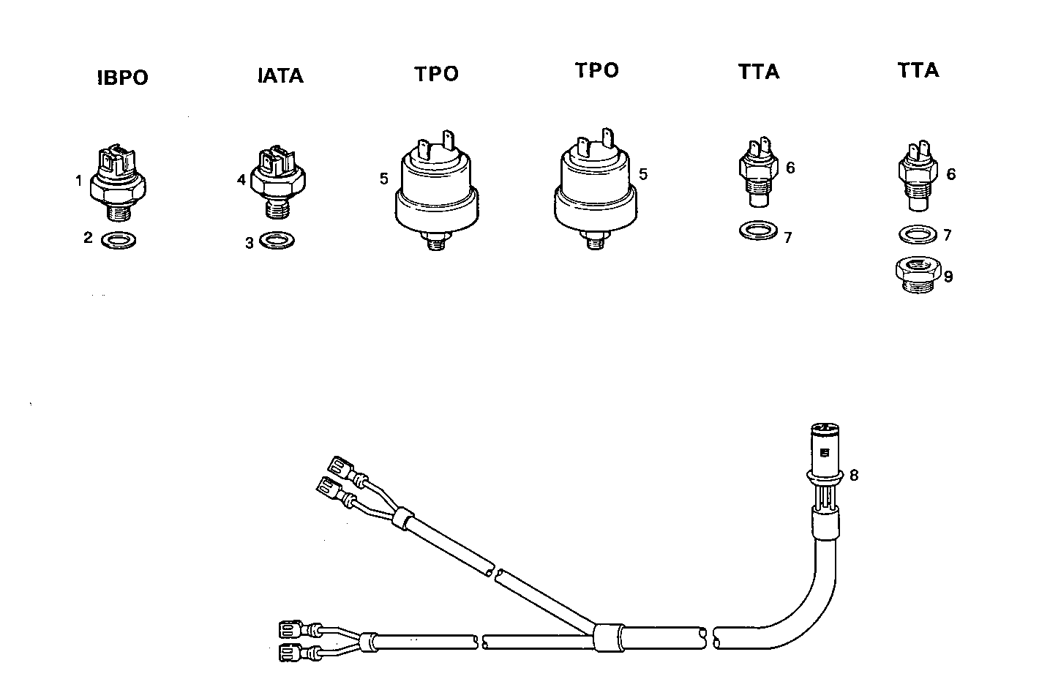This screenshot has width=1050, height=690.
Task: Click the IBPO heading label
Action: (x=122, y=78)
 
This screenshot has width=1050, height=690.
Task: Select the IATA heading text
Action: (x=281, y=75)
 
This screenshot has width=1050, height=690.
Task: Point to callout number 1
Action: (x=79, y=180)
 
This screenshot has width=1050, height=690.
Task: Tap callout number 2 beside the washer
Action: (x=88, y=237)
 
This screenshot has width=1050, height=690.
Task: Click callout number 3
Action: (x=250, y=243)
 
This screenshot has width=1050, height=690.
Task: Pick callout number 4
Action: (x=241, y=179)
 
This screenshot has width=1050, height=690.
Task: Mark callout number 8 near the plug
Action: (x=853, y=475)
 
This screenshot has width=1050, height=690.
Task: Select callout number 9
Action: (x=948, y=277)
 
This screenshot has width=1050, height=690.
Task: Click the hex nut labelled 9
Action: (x=915, y=274)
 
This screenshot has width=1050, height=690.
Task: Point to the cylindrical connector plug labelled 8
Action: (x=825, y=454)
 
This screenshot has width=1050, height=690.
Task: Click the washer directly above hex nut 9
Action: (x=915, y=235)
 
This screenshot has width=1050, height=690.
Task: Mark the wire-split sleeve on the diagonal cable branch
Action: (x=400, y=520)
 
